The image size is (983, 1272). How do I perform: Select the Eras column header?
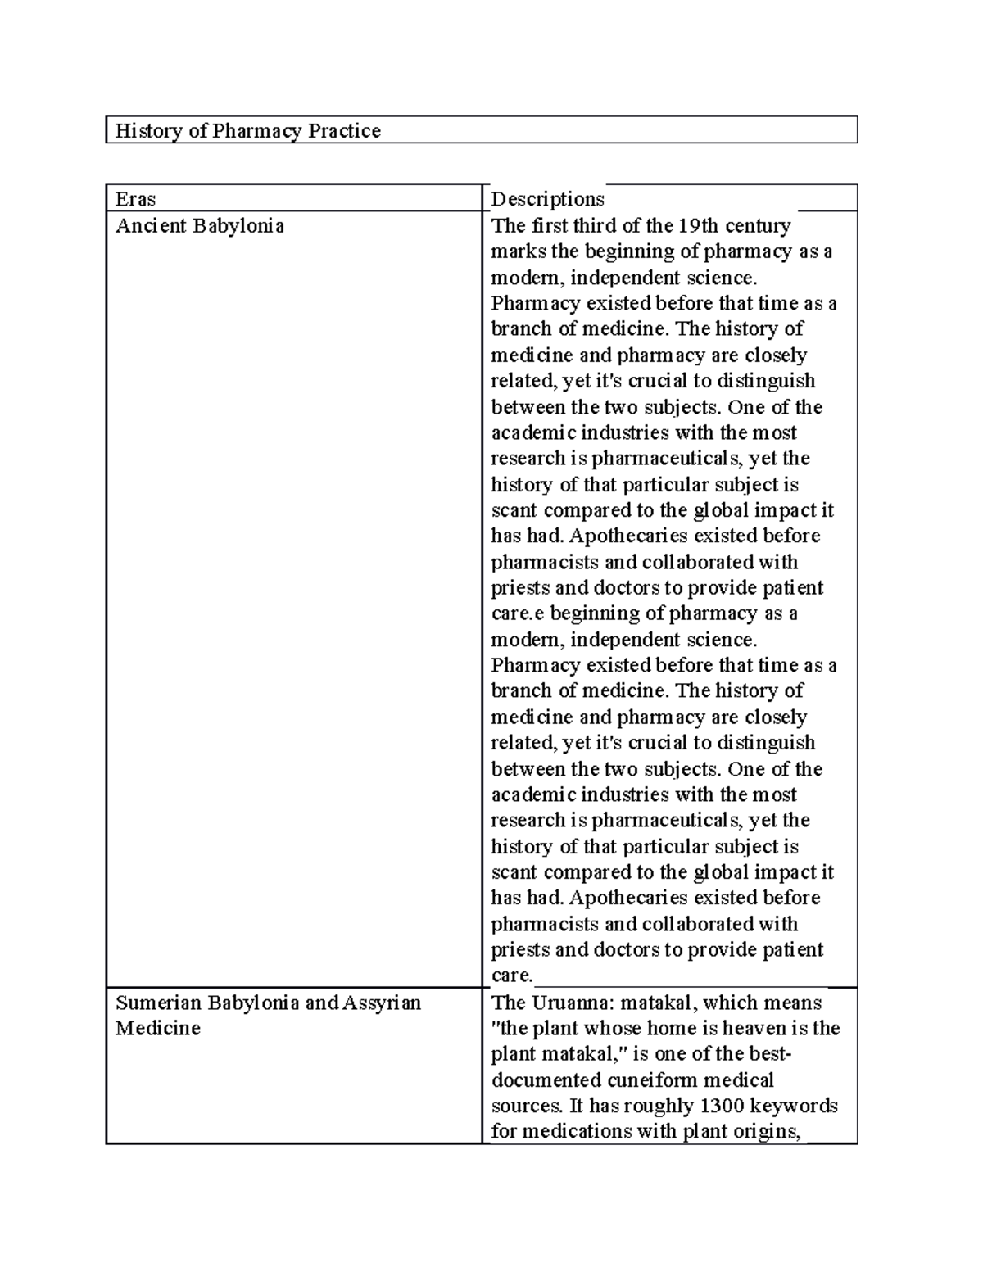click(x=135, y=199)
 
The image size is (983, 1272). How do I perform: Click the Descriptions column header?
click(x=547, y=199)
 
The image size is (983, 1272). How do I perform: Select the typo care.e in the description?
click(x=516, y=613)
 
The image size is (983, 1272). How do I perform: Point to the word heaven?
click(x=748, y=1029)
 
